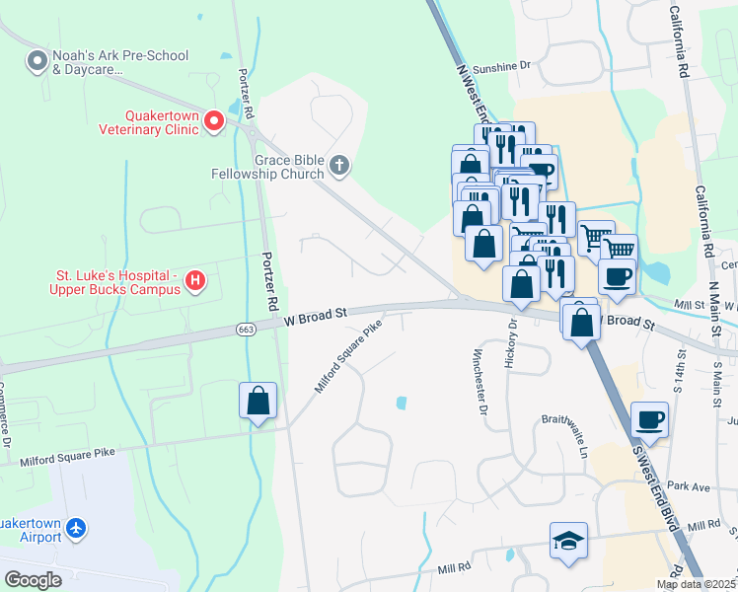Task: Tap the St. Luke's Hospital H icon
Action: coord(195,281)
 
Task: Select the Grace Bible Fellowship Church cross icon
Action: coord(339,166)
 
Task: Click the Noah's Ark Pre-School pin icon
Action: coord(37,62)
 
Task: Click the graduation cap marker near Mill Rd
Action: coord(568,541)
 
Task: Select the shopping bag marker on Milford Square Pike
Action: coord(258,401)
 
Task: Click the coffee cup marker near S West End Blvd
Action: coord(648,419)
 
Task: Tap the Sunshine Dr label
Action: coord(501,65)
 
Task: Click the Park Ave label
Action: coord(689,486)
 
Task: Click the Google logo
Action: coord(32,579)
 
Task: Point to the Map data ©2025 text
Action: coord(696,584)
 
